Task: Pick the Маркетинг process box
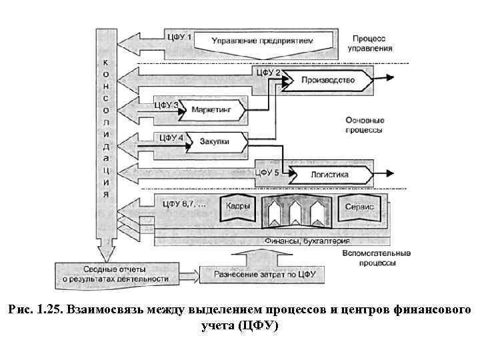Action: tap(213, 108)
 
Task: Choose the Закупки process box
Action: tap(215, 141)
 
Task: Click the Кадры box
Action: tap(238, 207)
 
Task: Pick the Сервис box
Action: tap(359, 207)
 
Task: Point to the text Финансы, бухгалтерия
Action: tap(307, 240)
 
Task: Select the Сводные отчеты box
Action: tap(120, 273)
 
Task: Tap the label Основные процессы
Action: tap(365, 126)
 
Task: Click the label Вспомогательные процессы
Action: tap(377, 258)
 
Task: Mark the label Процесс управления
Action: tap(369, 43)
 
